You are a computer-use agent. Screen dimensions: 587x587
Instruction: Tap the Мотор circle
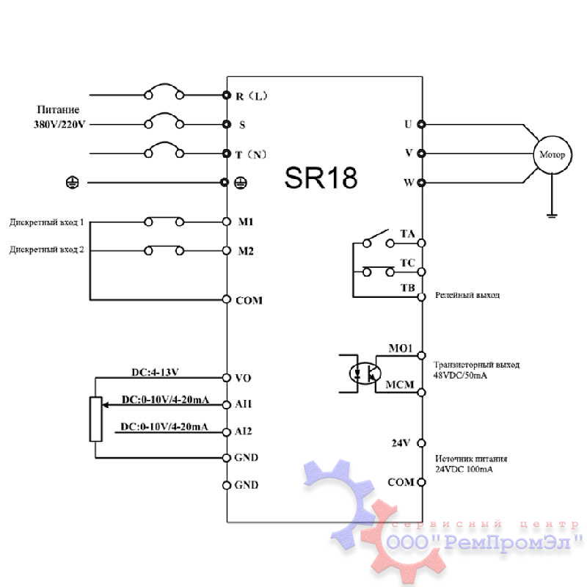point(552,155)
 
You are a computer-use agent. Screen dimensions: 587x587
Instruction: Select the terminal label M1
point(246,222)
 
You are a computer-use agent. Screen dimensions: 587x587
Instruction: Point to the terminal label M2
point(246,251)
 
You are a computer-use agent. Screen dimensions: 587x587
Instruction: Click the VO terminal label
point(244,378)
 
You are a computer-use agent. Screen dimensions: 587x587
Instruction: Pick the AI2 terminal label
point(244,431)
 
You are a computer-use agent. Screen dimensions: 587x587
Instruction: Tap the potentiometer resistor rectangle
point(96,418)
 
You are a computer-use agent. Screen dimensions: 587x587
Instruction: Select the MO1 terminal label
point(401,348)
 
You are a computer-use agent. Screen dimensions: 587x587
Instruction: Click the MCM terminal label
point(401,384)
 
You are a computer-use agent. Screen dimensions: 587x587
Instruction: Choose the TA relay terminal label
point(407,234)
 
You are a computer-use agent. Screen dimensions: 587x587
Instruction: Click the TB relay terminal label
point(407,287)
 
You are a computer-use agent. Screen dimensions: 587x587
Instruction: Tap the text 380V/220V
point(59,125)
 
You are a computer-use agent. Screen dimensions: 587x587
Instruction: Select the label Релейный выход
point(467,295)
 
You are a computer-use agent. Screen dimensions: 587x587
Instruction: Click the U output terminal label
point(408,124)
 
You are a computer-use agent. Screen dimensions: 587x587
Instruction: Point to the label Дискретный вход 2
point(47,249)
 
